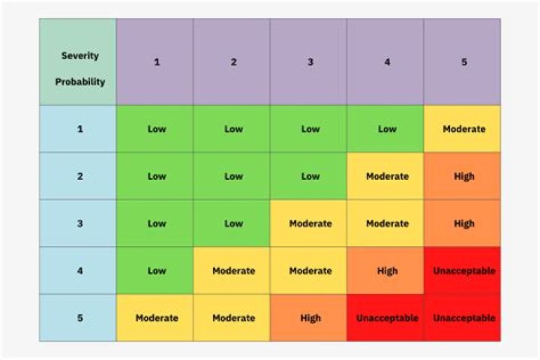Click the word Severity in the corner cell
click(79, 56)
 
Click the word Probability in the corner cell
click(79, 82)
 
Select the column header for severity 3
click(310, 61)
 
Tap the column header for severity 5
click(463, 61)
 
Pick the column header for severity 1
click(157, 61)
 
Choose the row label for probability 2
click(79, 176)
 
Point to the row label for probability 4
click(79, 271)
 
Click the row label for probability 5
click(79, 318)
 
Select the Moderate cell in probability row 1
click(463, 129)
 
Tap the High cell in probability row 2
click(463, 176)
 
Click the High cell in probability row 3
click(463, 223)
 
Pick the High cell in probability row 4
click(387, 271)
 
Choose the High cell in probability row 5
click(310, 318)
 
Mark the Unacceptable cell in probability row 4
click(463, 271)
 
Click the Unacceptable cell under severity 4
click(387, 318)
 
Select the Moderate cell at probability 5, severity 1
click(157, 318)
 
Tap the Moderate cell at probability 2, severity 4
click(387, 176)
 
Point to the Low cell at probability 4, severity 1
click(157, 271)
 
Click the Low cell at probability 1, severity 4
click(387, 129)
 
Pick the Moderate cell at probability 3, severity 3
click(310, 223)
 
